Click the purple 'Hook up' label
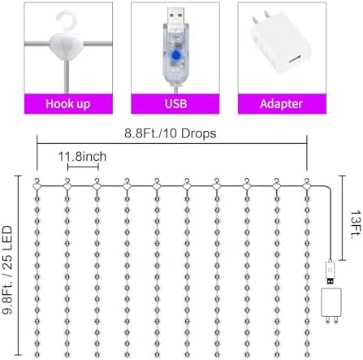point(68,104)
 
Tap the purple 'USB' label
point(175,104)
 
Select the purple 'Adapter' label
point(282,104)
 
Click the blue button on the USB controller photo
point(176,55)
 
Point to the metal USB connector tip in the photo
point(175,16)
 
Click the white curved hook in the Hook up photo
point(67,20)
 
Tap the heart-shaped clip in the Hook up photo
point(67,46)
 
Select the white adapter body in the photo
point(281,43)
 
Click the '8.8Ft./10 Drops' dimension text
point(171,133)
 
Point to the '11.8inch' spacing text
point(82,157)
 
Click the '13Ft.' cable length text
point(355,224)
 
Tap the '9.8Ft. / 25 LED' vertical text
point(7,270)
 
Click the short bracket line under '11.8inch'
point(83,167)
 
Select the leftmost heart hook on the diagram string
point(37,184)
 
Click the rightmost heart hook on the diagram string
point(306,184)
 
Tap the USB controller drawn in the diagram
point(330,272)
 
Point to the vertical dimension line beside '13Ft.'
point(343,218)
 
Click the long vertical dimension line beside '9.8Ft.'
point(18,265)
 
